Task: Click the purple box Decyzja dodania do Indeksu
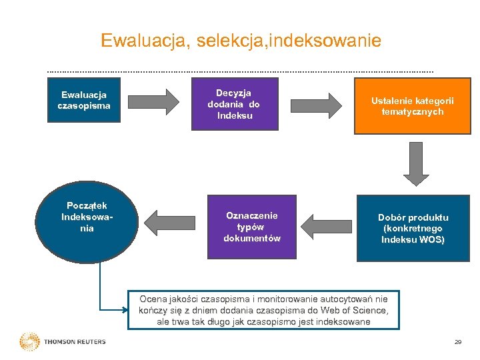[x=233, y=105]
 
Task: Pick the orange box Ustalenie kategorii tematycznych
[x=412, y=107]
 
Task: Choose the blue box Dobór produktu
[x=413, y=228]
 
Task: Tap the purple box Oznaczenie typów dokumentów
[x=251, y=227]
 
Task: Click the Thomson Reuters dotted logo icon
[x=29, y=341]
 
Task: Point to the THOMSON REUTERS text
[x=75, y=342]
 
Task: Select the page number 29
[x=457, y=342]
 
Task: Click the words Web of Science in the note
[x=355, y=310]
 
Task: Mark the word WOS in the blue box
[x=433, y=239]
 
